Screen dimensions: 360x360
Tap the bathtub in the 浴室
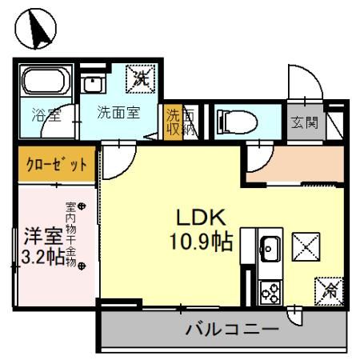click(x=46, y=82)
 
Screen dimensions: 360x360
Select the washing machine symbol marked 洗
click(x=141, y=79)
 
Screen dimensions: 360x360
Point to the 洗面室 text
click(x=118, y=113)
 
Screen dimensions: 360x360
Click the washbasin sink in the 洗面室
click(x=95, y=83)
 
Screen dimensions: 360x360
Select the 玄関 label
click(x=304, y=123)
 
